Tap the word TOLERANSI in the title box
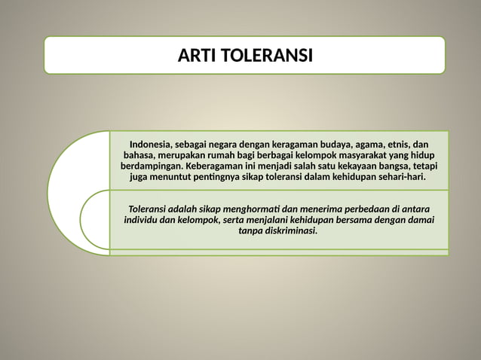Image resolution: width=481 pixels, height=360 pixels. pos(267,56)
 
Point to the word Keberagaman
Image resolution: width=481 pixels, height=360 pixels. pos(217,166)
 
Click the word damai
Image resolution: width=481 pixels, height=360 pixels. pos(419,220)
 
